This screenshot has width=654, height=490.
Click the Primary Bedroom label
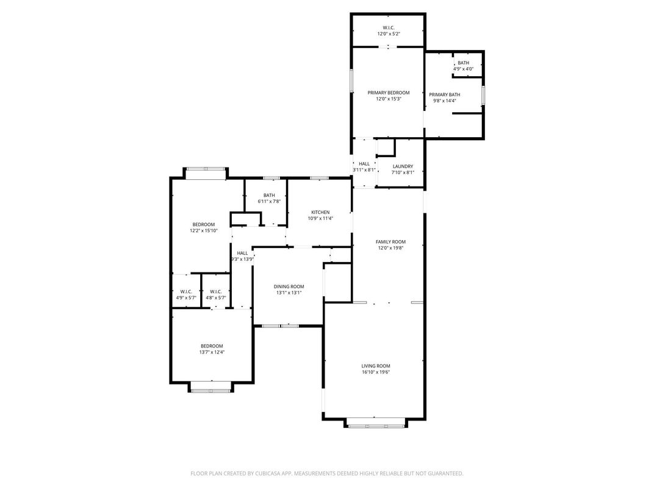click(388, 93)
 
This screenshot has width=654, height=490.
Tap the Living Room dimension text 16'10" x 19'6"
click(375, 372)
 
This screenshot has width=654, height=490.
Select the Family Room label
click(390, 241)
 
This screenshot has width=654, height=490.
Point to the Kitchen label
click(320, 212)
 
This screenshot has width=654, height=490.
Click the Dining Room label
click(289, 286)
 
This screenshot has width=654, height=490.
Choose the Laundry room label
click(403, 166)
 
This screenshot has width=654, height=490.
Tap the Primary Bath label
click(444, 94)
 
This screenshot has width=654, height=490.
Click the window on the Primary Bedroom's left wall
click(351, 81)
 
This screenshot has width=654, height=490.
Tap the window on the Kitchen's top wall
click(319, 178)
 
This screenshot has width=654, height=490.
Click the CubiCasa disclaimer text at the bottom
click(327, 473)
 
